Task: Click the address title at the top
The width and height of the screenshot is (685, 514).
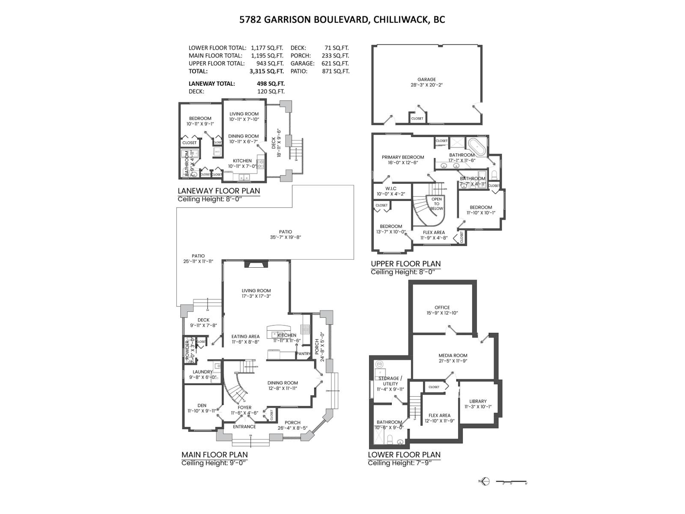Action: click(342, 20)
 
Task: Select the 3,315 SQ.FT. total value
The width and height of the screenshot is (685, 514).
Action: click(267, 72)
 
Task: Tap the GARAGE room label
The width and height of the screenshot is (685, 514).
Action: click(426, 80)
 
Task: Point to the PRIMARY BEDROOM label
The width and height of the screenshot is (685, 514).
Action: click(403, 157)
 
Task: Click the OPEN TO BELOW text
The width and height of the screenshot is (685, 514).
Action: click(436, 204)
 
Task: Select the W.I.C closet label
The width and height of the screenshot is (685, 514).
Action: click(390, 188)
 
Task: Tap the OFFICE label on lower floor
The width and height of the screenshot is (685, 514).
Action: click(442, 307)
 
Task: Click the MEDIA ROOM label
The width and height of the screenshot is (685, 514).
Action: click(453, 356)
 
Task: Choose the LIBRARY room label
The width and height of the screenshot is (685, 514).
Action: click(477, 401)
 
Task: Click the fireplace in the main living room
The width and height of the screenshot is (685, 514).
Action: click(256, 264)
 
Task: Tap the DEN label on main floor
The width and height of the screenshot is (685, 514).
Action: click(202, 405)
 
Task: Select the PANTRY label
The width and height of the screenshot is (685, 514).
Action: click(303, 354)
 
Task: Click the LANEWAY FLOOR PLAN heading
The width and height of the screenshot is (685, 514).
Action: click(218, 191)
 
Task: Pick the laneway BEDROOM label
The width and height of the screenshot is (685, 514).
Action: click(200, 119)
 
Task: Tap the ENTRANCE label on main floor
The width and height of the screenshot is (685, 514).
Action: click(244, 427)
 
